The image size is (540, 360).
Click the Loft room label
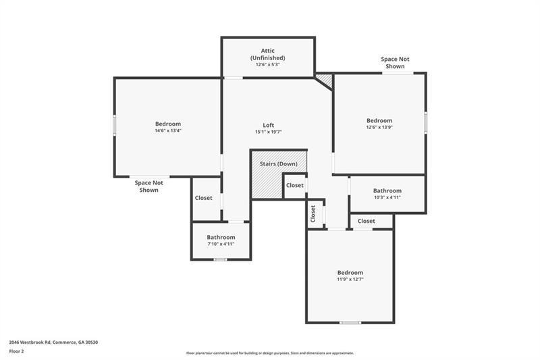[x=268, y=126]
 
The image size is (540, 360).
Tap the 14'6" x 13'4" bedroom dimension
[x=168, y=130]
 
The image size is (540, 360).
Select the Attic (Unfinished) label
[x=267, y=55]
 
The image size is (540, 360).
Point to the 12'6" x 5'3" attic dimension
[x=267, y=64]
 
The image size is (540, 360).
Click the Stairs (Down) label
[x=279, y=163]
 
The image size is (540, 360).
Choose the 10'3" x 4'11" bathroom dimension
[x=387, y=197]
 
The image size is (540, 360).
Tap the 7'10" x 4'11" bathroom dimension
[x=221, y=244]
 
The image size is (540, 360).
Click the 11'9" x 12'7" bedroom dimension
[x=350, y=280]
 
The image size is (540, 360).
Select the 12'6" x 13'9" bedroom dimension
[x=379, y=127]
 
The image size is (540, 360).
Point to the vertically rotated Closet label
[x=313, y=214]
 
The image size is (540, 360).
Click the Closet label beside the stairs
[x=295, y=185]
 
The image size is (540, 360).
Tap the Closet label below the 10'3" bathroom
[x=366, y=221]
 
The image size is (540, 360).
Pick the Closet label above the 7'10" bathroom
[x=204, y=198]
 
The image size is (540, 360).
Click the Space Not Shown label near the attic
[x=395, y=63]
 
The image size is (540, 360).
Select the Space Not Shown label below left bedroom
[x=148, y=186]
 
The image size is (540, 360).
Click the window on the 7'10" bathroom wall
[x=221, y=259]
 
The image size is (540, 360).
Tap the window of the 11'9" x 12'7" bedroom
[x=350, y=323]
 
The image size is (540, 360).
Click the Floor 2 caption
[x=16, y=351]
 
